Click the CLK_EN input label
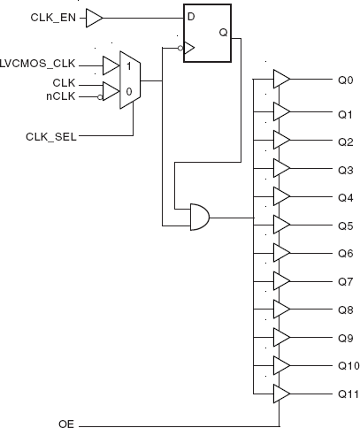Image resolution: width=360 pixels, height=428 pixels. click(53, 18)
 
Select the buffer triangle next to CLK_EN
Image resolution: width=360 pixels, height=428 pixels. click(94, 18)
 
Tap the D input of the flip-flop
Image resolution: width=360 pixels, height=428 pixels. click(191, 17)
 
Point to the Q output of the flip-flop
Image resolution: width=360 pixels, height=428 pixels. click(224, 33)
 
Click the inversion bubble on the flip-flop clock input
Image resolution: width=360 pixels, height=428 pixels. click(180, 48)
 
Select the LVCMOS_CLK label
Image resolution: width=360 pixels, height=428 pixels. click(37, 64)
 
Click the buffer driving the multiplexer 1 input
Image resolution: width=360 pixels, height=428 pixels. click(111, 65)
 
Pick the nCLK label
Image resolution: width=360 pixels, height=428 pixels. click(61, 96)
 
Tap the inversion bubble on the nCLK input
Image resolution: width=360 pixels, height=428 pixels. click(100, 97)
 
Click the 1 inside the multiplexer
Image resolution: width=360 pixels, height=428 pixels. click(128, 66)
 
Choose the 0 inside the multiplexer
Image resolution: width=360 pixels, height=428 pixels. click(129, 92)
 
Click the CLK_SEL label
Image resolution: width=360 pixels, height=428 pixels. click(51, 137)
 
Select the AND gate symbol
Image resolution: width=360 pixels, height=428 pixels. click(200, 217)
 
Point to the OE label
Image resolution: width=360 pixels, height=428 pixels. click(66, 424)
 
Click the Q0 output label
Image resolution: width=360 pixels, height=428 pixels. click(346, 80)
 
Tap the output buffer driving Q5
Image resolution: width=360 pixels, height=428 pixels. click(282, 225)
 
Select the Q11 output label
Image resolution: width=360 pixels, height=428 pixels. click(349, 394)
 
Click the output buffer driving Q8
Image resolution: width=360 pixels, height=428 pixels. click(282, 310)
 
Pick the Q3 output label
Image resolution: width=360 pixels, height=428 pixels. click(346, 170)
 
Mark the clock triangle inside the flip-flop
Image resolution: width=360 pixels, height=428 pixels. click(189, 48)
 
